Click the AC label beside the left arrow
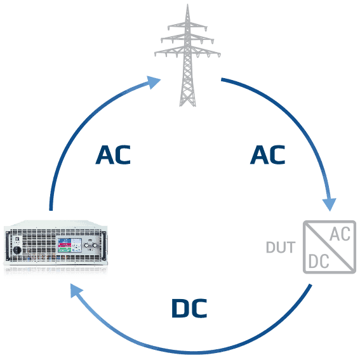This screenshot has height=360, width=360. pyautogui.click(x=113, y=154)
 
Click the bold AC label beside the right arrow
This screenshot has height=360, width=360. pyautogui.click(x=267, y=154)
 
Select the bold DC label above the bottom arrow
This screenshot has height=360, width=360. pyautogui.click(x=189, y=308)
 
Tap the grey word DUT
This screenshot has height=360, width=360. pyautogui.click(x=281, y=247)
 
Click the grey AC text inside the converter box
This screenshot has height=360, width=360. pyautogui.click(x=340, y=234)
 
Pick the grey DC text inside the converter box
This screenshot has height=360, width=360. pyautogui.click(x=319, y=262)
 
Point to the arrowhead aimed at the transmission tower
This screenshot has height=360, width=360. pyautogui.click(x=154, y=82)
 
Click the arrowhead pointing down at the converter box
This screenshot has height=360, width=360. pyautogui.click(x=330, y=204)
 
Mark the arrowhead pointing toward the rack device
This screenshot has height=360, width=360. pyautogui.click(x=76, y=290)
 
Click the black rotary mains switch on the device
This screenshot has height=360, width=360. pyautogui.click(x=17, y=250)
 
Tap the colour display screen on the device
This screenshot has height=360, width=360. pyautogui.click(x=70, y=245)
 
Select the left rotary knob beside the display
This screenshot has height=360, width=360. pyautogui.click(x=86, y=246)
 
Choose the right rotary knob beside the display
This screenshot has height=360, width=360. pyautogui.click(x=95, y=246)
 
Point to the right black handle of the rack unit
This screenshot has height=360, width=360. pyautogui.click(x=105, y=246)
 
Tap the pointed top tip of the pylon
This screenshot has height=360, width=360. pyautogui.click(x=187, y=4)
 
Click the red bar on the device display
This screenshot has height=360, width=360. pyautogui.click(x=65, y=244)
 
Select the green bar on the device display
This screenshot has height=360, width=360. pyautogui.click(x=65, y=250)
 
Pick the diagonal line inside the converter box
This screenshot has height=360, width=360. pyautogui.click(x=330, y=247)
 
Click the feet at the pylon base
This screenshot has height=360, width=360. pyautogui.click(x=187, y=105)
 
